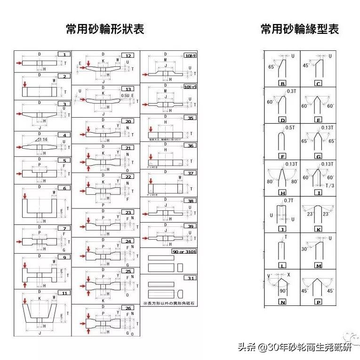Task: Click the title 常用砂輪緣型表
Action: (300, 29)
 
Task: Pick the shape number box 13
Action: (128, 89)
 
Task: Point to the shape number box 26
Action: (128, 308)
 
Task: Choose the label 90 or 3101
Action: (184, 252)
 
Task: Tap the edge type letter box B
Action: (282, 84)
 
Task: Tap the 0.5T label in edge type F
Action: (290, 128)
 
